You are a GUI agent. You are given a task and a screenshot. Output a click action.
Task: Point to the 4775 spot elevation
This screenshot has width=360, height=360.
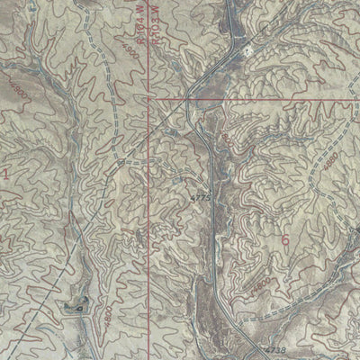[x=199, y=194]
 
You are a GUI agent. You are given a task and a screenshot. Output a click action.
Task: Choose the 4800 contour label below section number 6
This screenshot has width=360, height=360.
[x=261, y=284]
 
